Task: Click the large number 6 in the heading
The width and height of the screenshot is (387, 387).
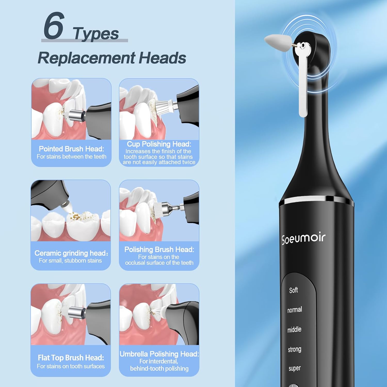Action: [x=53, y=26]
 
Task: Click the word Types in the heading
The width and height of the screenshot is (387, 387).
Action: [x=96, y=34]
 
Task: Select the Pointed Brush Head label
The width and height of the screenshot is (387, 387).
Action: [x=71, y=149]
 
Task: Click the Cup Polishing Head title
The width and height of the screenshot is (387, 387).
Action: [x=159, y=144]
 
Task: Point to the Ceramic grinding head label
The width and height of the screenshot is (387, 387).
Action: [x=71, y=253]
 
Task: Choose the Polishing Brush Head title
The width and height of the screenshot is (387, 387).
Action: [x=159, y=249]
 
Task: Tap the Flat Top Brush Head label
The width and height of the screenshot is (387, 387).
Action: [x=71, y=358]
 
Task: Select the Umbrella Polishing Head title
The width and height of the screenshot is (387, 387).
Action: [x=159, y=354]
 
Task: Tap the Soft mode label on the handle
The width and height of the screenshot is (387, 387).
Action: [x=293, y=290]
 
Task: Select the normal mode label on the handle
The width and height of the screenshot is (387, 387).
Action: [x=294, y=310]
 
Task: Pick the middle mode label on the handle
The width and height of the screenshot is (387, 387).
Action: [x=294, y=329]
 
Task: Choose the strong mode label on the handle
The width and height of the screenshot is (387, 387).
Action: [x=294, y=349]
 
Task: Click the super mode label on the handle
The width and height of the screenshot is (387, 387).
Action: [x=294, y=368]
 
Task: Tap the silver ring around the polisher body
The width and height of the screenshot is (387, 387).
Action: [x=316, y=200]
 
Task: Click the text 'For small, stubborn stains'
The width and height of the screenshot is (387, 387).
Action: [x=70, y=261]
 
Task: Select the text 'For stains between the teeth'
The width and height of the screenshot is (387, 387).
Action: [x=71, y=157]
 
